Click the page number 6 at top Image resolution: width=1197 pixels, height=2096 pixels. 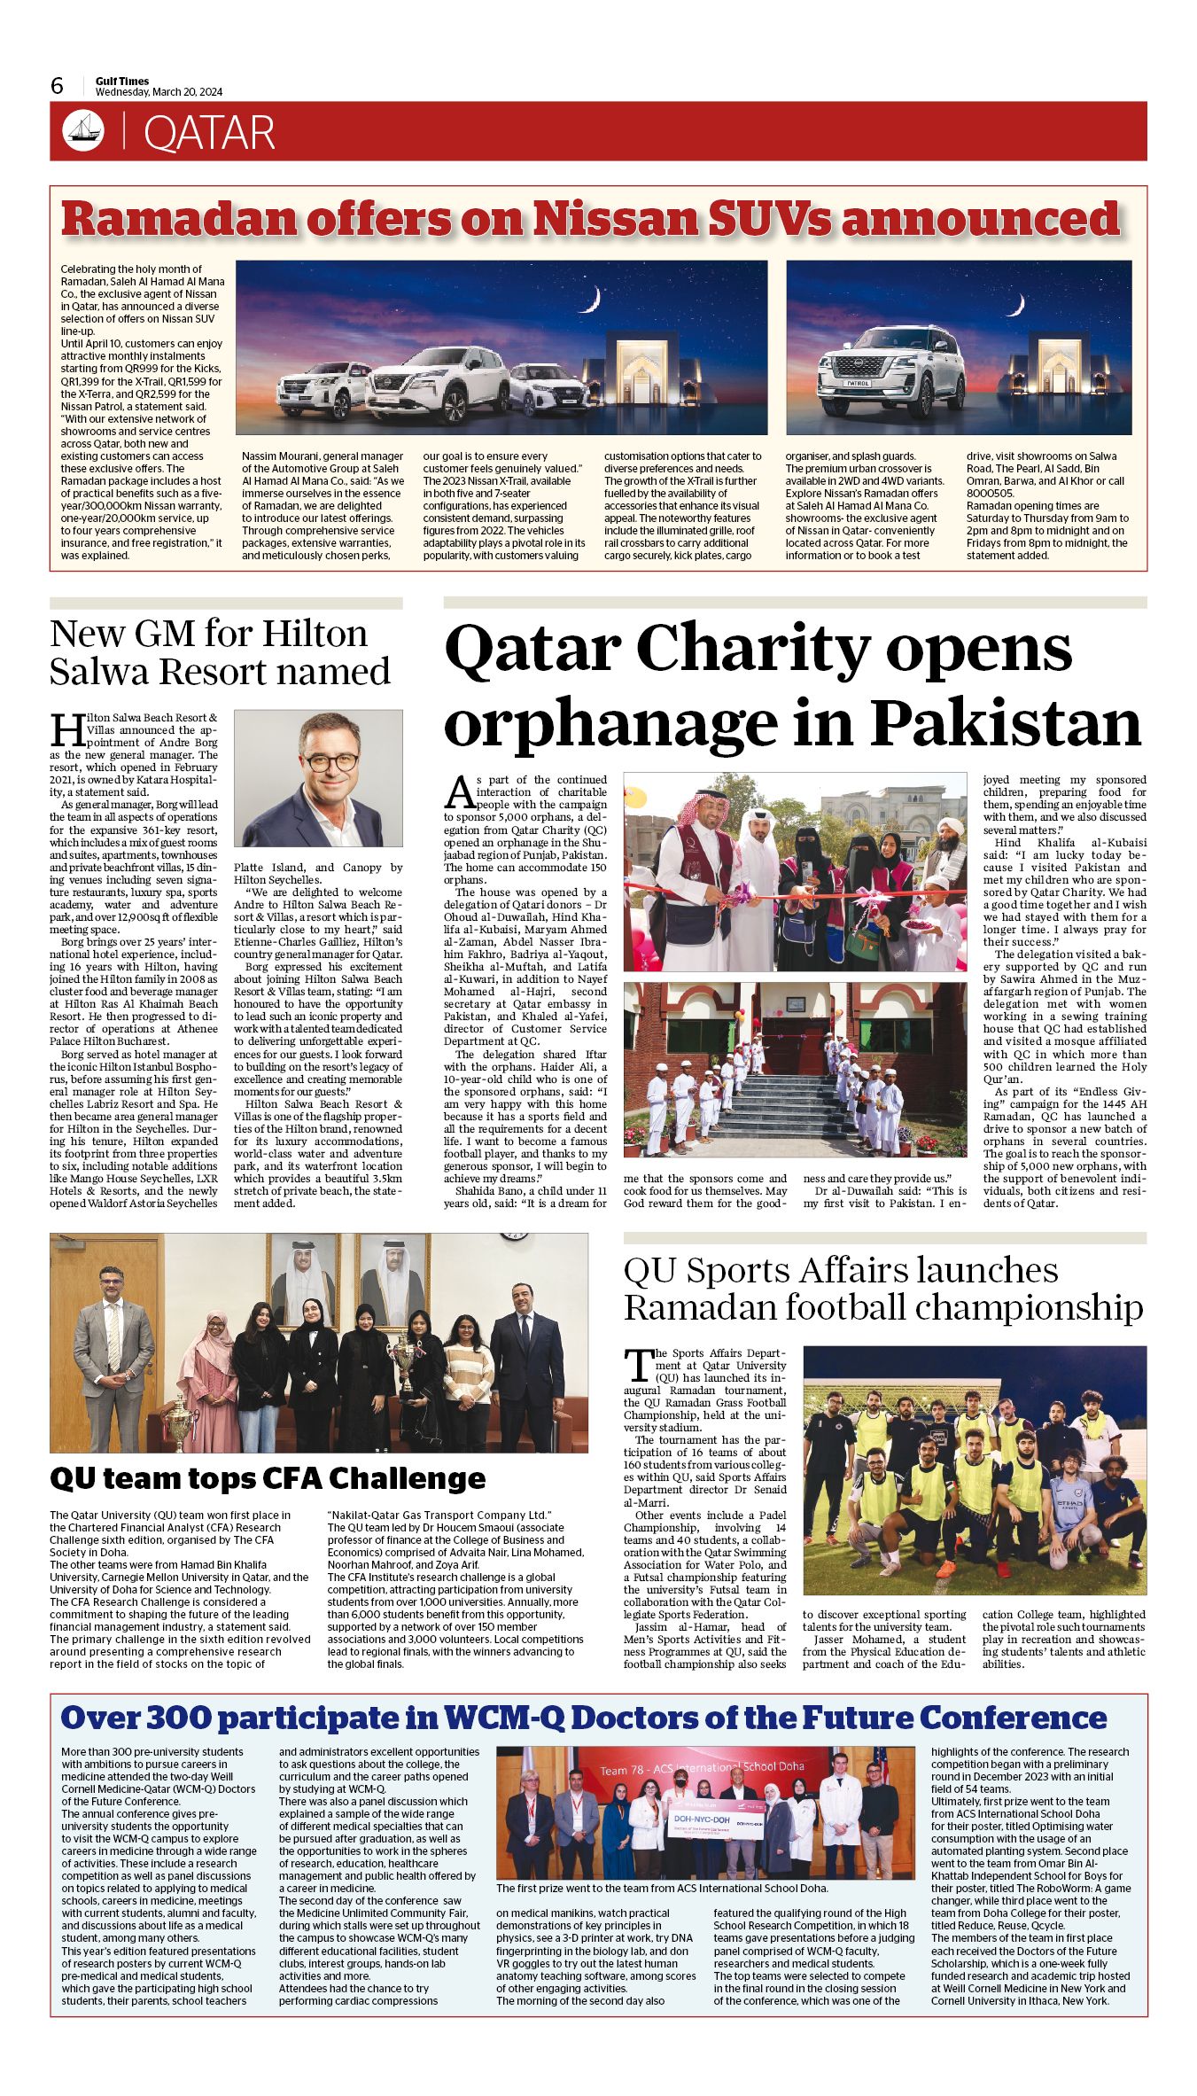58,85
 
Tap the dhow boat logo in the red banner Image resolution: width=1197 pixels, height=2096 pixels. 83,131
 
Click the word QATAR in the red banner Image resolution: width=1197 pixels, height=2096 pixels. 209,133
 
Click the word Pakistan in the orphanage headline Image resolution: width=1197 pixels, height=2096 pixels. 1005,723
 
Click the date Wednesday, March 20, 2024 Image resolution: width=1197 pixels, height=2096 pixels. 159,92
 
